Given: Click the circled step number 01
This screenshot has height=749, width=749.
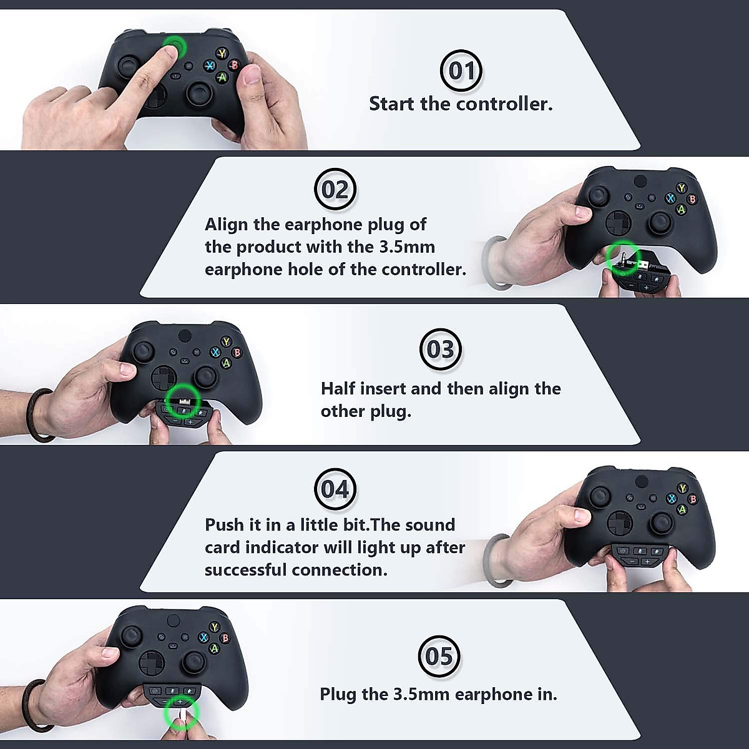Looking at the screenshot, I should click(x=461, y=71).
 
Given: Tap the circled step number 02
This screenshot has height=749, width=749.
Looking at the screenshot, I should click(x=335, y=189).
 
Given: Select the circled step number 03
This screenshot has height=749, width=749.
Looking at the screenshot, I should click(x=441, y=350).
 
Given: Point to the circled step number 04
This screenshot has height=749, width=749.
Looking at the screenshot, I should click(x=335, y=489).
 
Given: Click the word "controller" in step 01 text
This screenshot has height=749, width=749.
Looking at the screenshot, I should click(x=504, y=104).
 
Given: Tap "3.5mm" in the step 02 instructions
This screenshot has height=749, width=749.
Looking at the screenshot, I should click(x=406, y=247).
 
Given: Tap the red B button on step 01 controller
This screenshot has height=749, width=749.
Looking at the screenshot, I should click(x=235, y=65).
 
